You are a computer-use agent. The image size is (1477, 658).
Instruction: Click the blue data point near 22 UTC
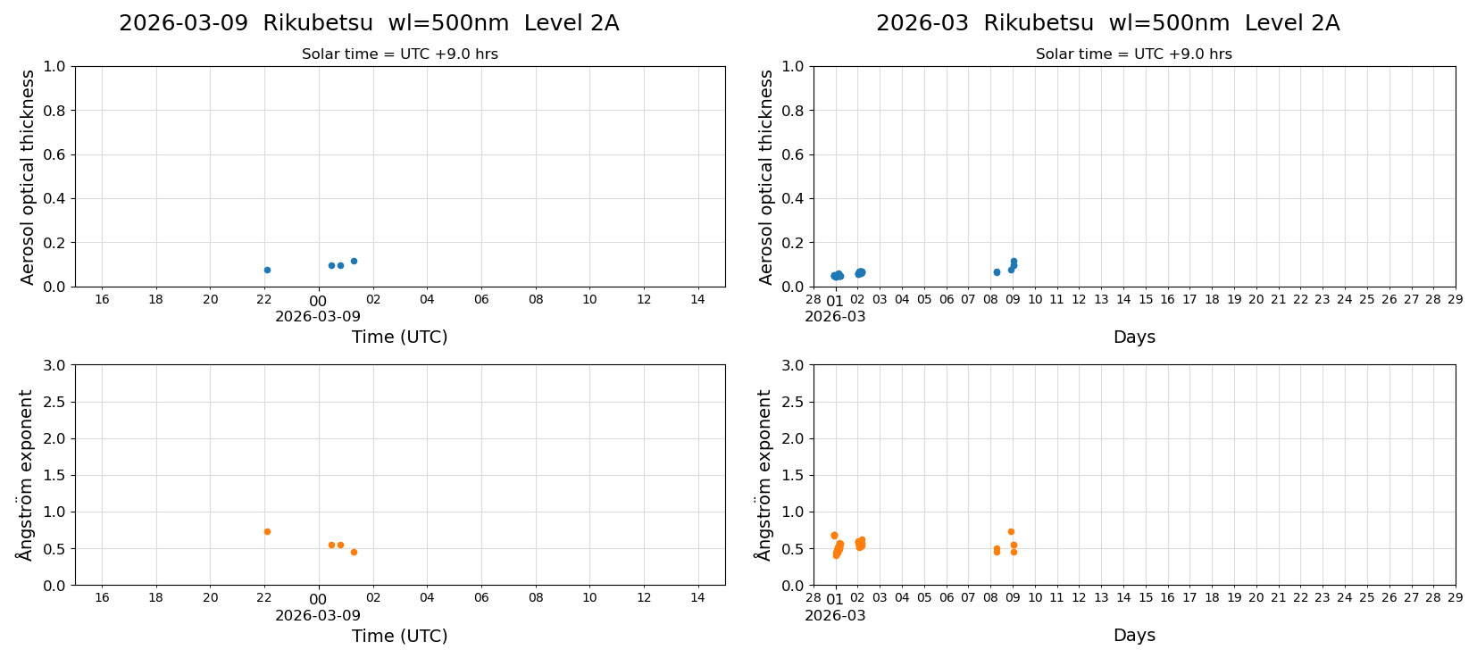coord(267,270)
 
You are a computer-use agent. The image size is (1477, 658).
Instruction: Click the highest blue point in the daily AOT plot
coord(354,261)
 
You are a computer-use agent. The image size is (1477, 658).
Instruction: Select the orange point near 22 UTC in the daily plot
coord(267,531)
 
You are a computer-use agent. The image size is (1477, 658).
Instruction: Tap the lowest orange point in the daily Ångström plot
coord(354,552)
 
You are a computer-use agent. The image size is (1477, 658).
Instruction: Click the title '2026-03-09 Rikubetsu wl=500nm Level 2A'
coord(369,23)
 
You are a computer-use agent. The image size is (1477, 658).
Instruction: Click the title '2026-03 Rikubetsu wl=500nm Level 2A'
coord(1107,23)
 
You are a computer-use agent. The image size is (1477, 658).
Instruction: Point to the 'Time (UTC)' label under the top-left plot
coord(399,337)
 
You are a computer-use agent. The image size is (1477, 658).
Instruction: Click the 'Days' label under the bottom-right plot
coord(1134,635)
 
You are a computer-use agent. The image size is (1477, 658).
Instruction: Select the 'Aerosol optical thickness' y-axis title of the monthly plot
coord(766,177)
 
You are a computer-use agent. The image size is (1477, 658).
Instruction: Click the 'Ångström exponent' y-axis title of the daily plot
coord(26,474)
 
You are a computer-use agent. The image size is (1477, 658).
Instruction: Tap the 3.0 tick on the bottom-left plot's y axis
coord(54,365)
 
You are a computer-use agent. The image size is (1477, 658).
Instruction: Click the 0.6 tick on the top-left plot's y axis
coord(54,154)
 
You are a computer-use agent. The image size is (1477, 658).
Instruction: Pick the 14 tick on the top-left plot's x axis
coord(697,299)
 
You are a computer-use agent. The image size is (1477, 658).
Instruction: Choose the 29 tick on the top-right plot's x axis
coord(1455,299)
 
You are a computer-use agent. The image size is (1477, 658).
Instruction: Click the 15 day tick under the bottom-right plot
coord(1146,597)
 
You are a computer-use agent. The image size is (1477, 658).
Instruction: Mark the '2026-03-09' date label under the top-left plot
coord(318,316)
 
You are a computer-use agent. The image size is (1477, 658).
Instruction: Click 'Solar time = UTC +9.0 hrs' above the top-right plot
coord(1133,54)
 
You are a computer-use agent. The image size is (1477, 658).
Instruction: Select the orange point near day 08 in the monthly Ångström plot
coord(997,550)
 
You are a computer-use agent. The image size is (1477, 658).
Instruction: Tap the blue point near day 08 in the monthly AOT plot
coord(997,272)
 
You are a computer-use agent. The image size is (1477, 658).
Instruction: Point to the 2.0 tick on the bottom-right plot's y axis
coord(792,438)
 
